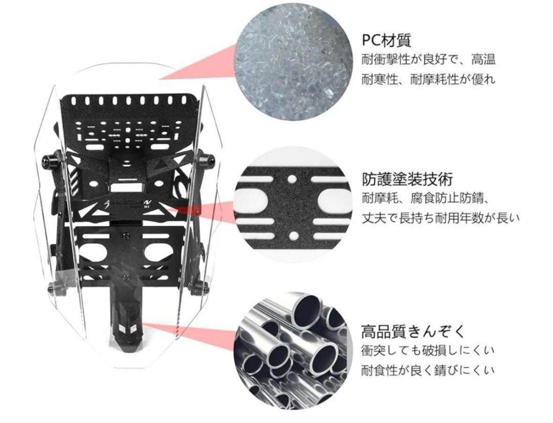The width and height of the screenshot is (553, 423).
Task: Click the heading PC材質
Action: click(386, 40)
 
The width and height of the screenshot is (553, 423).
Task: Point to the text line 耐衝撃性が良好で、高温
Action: click(428, 60)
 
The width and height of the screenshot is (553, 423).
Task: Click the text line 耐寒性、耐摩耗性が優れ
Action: click(428, 79)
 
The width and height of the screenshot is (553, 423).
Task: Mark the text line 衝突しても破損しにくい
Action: click(428, 351)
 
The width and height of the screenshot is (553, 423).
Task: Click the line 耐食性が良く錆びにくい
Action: click(428, 371)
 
